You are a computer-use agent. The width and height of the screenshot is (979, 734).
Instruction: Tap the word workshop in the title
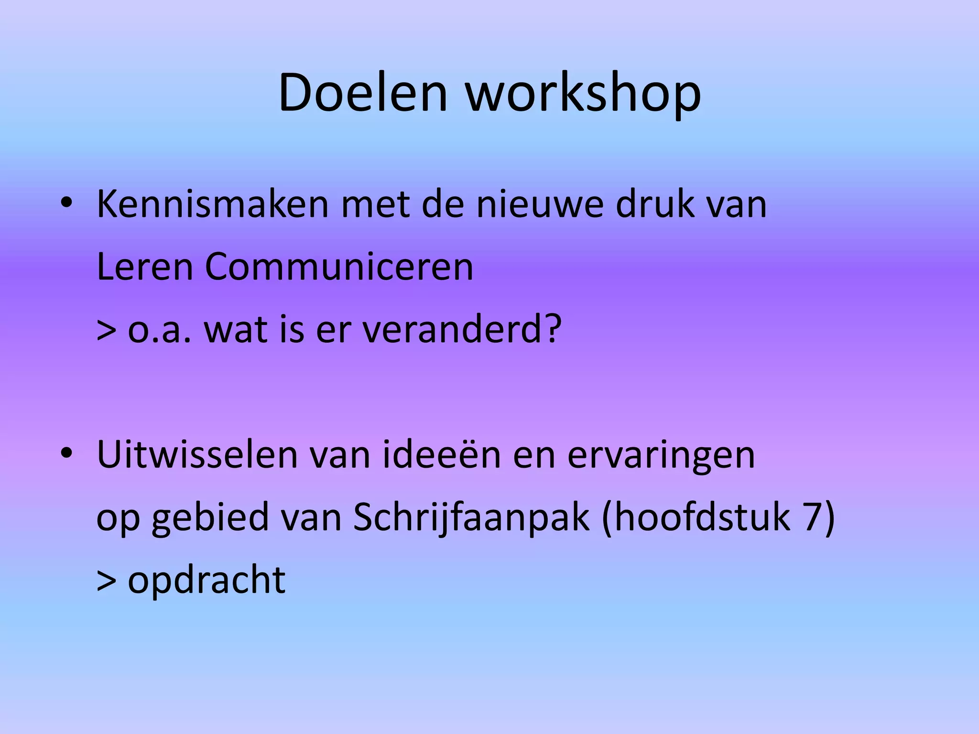[583, 93]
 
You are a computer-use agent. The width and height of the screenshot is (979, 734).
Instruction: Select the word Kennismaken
[213, 205]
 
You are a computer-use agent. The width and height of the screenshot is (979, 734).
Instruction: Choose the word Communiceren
[339, 267]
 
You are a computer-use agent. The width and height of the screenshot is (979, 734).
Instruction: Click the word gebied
[210, 518]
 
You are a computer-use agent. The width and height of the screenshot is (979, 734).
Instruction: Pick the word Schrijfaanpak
[471, 518]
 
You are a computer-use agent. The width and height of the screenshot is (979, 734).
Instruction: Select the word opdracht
[207, 581]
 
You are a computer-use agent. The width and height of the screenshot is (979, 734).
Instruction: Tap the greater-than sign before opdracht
[106, 581]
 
